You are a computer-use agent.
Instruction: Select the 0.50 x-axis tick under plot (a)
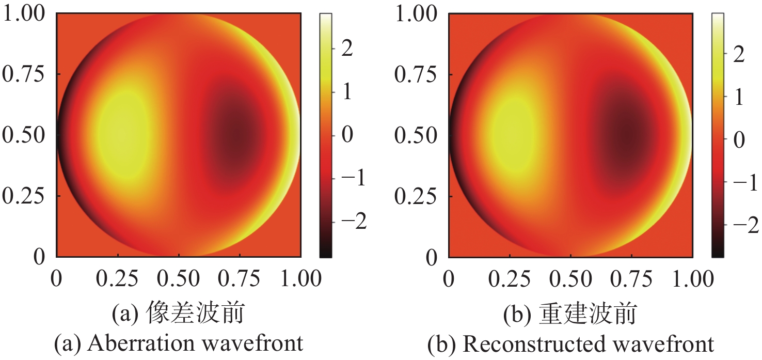[x=179, y=279]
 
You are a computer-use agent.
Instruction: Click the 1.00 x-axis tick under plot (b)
[x=692, y=279]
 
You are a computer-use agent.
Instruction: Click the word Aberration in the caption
[x=137, y=343]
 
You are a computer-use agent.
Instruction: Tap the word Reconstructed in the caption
[x=518, y=343]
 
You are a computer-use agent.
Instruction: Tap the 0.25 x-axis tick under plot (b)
[x=510, y=279]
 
